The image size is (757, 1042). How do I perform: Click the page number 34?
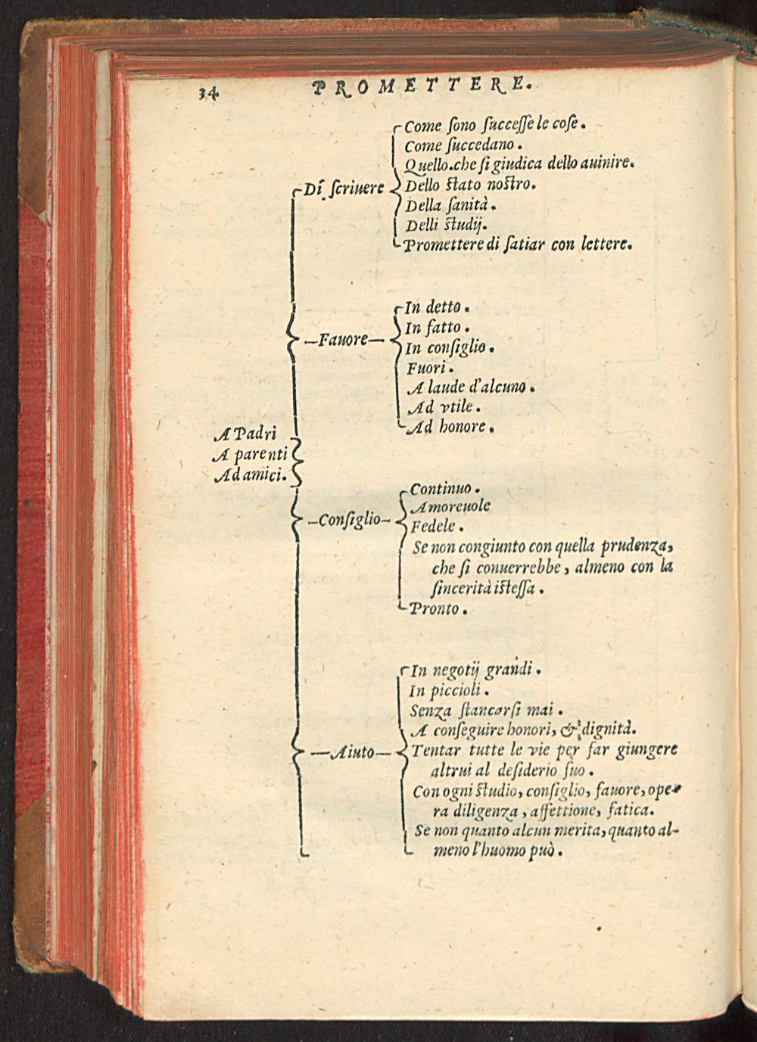[208, 93]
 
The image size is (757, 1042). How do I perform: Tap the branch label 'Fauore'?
[345, 340]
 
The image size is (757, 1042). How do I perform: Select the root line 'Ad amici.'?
[248, 475]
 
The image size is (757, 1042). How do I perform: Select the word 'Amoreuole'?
[450, 506]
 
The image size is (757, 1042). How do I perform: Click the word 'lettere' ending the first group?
[605, 244]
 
